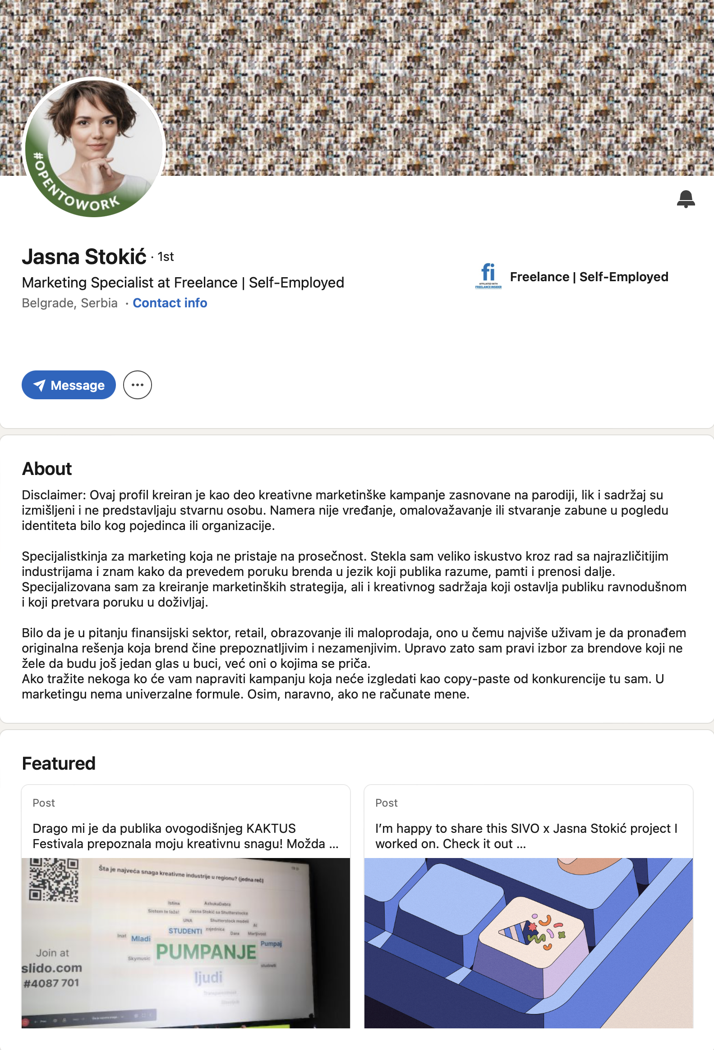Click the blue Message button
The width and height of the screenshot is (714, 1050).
point(69,385)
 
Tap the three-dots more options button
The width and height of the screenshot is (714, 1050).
point(138,385)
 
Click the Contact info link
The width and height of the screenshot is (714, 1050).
point(170,303)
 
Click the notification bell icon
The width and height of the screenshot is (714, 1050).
point(686,199)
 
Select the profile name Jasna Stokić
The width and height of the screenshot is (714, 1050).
point(84,256)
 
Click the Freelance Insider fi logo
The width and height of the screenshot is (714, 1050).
point(488,276)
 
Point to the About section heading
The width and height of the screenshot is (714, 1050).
point(47,469)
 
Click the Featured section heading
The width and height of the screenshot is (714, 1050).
point(59,763)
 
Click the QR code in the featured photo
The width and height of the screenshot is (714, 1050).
point(54,879)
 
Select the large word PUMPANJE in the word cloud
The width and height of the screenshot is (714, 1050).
point(206,952)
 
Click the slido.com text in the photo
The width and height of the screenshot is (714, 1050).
point(52,968)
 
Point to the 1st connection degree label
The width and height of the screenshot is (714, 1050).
point(166,257)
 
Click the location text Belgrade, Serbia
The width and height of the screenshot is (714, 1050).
point(69,303)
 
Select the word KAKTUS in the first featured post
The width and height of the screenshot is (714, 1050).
point(271,829)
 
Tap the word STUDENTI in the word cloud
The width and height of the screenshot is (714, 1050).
point(185,931)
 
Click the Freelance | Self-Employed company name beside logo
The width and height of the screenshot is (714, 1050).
point(589,277)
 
